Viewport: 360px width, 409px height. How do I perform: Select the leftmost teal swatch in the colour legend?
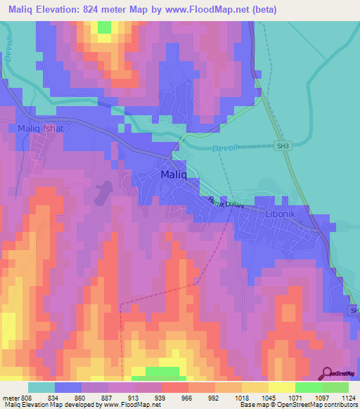pyautogui.click(x=41, y=387)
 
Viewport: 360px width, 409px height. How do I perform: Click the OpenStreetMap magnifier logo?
pyautogui.click(x=326, y=373)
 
